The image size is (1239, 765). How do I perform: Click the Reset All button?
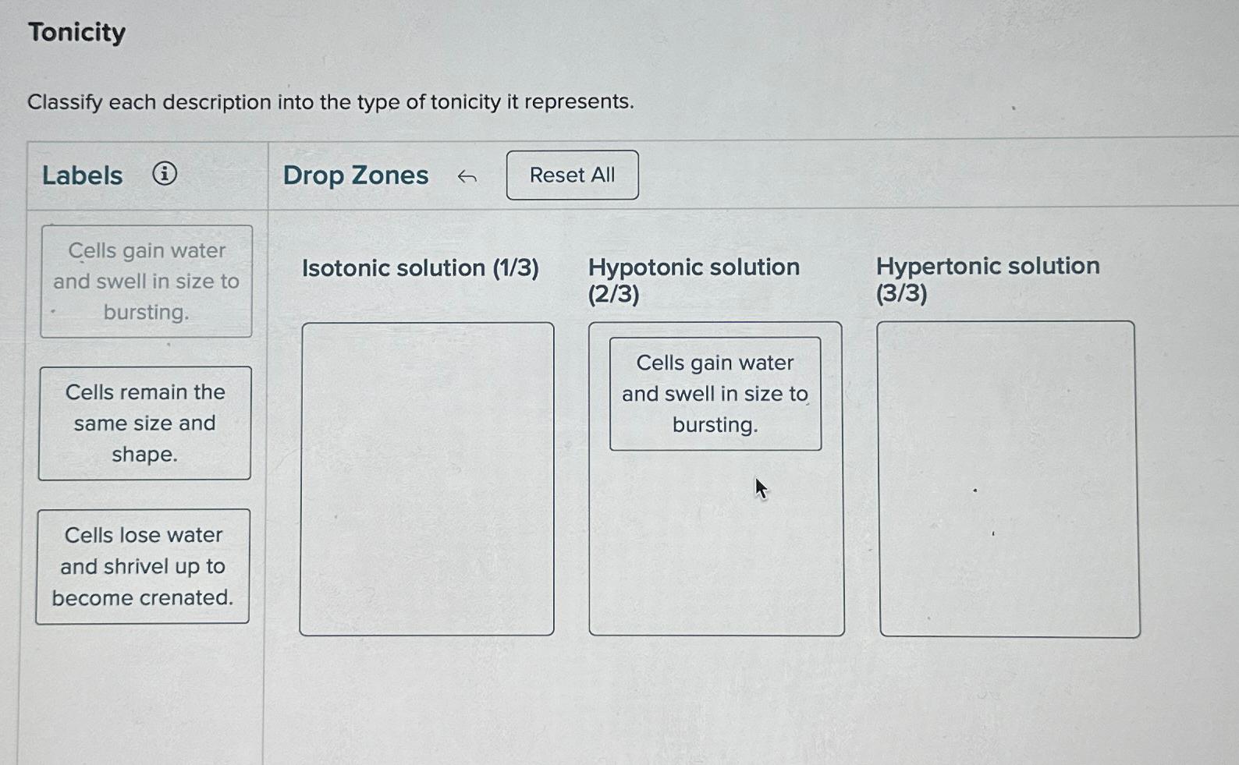click(x=572, y=175)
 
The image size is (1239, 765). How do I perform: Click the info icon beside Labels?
click(x=164, y=173)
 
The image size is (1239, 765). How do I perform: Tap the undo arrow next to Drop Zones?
click(x=467, y=177)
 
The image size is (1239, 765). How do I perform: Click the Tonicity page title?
click(x=76, y=32)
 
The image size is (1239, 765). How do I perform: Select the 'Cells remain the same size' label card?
click(x=145, y=423)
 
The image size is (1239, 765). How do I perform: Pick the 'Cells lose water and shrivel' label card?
click(x=143, y=566)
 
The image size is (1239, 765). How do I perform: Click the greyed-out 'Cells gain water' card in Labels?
click(x=146, y=281)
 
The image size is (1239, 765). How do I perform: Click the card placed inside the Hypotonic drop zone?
click(x=715, y=393)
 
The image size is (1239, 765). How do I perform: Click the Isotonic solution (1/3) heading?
click(x=420, y=268)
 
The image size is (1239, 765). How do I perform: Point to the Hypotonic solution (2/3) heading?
click(x=693, y=279)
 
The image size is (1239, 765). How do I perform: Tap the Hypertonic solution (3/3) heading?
click(x=987, y=278)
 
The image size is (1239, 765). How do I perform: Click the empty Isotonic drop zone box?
click(x=427, y=479)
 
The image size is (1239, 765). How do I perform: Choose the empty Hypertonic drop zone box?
click(x=1008, y=479)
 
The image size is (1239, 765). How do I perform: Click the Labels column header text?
click(x=82, y=175)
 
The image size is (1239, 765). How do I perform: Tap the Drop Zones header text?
click(x=355, y=175)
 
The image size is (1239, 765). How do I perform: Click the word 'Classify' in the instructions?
click(x=65, y=102)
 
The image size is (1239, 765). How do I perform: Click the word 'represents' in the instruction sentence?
click(x=578, y=101)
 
